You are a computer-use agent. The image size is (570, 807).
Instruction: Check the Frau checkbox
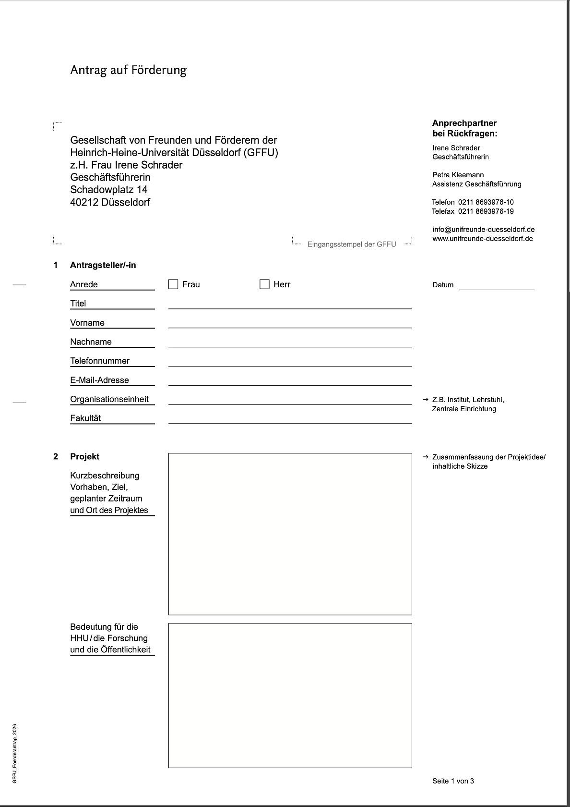pyautogui.click(x=173, y=284)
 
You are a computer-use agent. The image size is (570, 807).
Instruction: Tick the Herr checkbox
pyautogui.click(x=264, y=284)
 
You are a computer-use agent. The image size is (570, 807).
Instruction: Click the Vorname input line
pyautogui.click(x=290, y=323)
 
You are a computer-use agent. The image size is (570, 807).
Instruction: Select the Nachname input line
pyautogui.click(x=290, y=342)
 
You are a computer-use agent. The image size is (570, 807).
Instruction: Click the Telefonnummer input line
pyautogui.click(x=290, y=362)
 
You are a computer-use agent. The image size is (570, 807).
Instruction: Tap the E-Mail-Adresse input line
pyautogui.click(x=290, y=381)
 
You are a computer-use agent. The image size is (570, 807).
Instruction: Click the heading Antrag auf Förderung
pyautogui.click(x=128, y=70)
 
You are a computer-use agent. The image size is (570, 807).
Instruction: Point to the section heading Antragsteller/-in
pyautogui.click(x=103, y=265)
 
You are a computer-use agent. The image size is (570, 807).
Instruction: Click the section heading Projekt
pyautogui.click(x=84, y=456)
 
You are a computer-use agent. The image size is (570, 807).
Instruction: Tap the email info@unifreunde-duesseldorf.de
pyautogui.click(x=483, y=230)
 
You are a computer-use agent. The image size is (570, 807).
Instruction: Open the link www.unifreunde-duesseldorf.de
pyautogui.click(x=482, y=239)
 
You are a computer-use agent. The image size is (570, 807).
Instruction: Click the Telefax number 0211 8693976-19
pyautogui.click(x=486, y=211)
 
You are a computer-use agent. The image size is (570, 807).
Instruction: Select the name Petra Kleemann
pyautogui.click(x=458, y=175)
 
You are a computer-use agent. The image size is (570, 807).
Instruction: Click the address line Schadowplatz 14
pyautogui.click(x=108, y=190)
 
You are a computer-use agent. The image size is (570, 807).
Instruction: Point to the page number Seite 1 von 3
pyautogui.click(x=453, y=781)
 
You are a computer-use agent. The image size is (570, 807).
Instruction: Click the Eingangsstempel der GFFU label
pyautogui.click(x=352, y=245)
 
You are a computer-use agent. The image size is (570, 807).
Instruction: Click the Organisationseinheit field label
pyautogui.click(x=109, y=399)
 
